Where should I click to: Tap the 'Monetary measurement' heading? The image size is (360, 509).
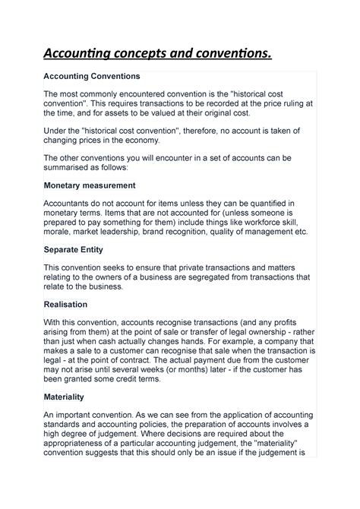point(90,185)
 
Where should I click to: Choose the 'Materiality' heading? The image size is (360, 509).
point(64,397)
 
